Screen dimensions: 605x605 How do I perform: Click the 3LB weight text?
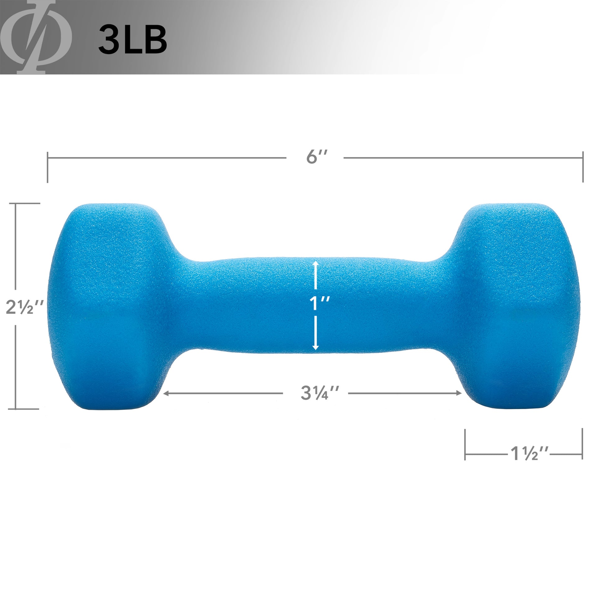[x=132, y=40]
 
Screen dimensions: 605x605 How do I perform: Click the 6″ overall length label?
[x=316, y=157]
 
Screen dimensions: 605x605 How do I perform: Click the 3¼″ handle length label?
[x=319, y=393]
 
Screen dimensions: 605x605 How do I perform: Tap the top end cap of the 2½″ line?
[x=28, y=204]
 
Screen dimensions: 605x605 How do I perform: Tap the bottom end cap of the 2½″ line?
[x=28, y=409]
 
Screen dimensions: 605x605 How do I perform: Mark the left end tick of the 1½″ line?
[x=465, y=444]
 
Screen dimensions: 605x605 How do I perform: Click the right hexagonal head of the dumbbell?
[x=517, y=307]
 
